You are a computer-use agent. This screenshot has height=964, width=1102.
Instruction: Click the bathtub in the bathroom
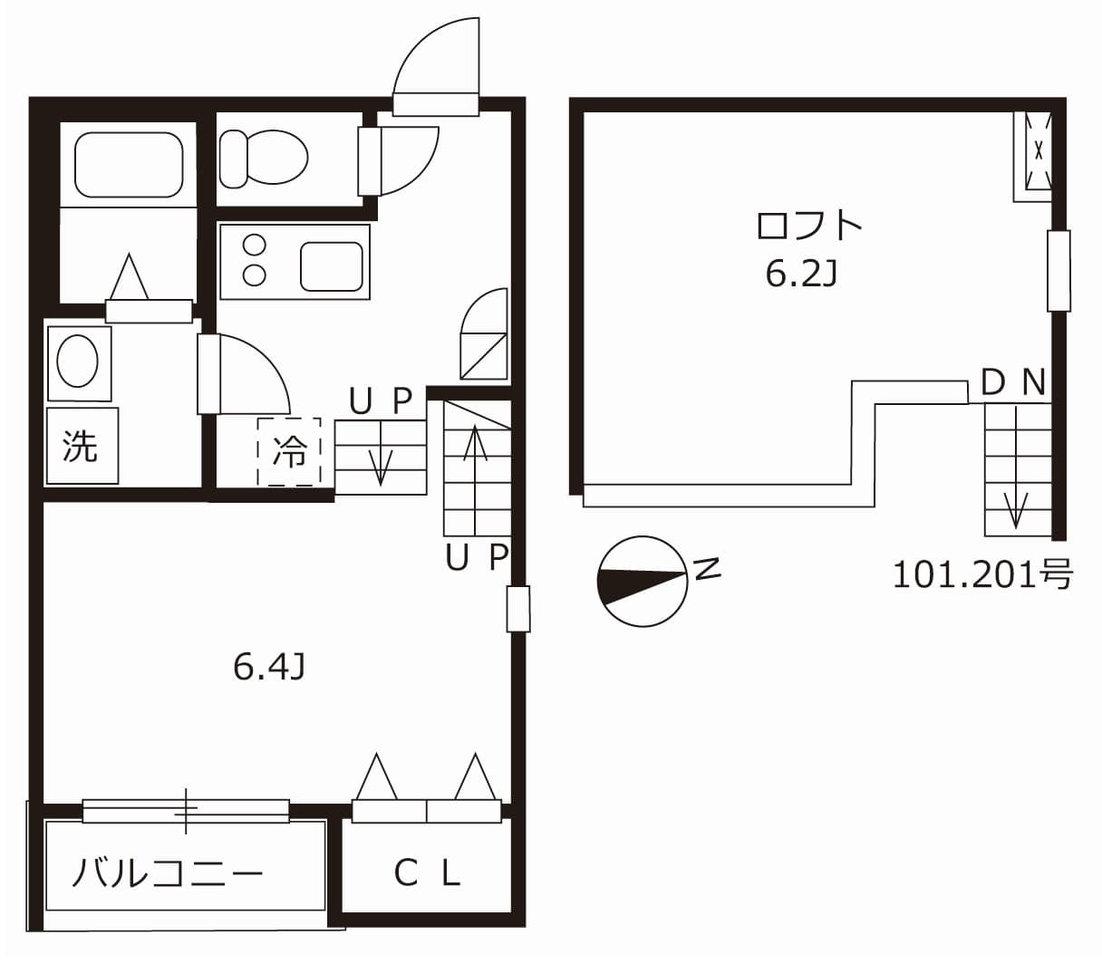click(x=129, y=164)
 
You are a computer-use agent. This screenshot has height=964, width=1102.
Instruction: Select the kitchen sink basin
click(x=331, y=266)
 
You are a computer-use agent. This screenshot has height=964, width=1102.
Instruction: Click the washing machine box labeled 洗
click(x=82, y=446)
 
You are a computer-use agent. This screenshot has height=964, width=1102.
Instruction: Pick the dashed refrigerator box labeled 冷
click(x=289, y=451)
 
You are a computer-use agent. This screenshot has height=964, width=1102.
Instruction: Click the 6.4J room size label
click(x=268, y=667)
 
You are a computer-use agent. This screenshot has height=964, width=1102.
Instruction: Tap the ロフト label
click(x=808, y=226)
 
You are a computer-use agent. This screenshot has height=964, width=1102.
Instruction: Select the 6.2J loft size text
click(x=799, y=273)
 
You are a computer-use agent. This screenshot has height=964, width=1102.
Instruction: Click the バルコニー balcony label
click(x=168, y=873)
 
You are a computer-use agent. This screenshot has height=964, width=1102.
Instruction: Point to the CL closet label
click(x=428, y=872)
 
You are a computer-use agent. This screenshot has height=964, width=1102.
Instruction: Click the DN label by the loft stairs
click(x=1013, y=383)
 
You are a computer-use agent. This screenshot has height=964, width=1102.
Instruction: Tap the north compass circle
click(x=643, y=582)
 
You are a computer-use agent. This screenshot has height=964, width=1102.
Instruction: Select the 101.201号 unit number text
click(x=982, y=574)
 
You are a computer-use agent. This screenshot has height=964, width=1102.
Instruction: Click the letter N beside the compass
click(x=707, y=569)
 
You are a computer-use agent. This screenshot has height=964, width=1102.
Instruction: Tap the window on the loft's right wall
click(x=1058, y=271)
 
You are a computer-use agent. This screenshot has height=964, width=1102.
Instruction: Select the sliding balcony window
click(x=186, y=810)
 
